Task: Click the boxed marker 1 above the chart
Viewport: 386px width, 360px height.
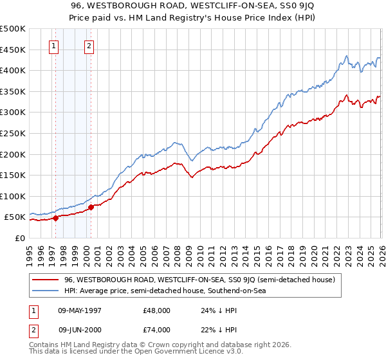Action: point(53,46)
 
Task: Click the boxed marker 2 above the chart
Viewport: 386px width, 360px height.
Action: point(88,46)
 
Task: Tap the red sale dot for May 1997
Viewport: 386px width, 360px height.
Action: point(55,218)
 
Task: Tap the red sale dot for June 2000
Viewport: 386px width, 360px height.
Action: point(91,207)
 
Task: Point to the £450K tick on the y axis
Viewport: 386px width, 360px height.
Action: point(13,50)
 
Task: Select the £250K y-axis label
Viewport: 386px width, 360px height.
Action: point(13,133)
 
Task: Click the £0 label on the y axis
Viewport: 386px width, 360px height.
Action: point(19,238)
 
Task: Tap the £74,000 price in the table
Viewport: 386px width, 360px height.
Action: point(156,329)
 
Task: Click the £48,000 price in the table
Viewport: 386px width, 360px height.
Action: point(156,310)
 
